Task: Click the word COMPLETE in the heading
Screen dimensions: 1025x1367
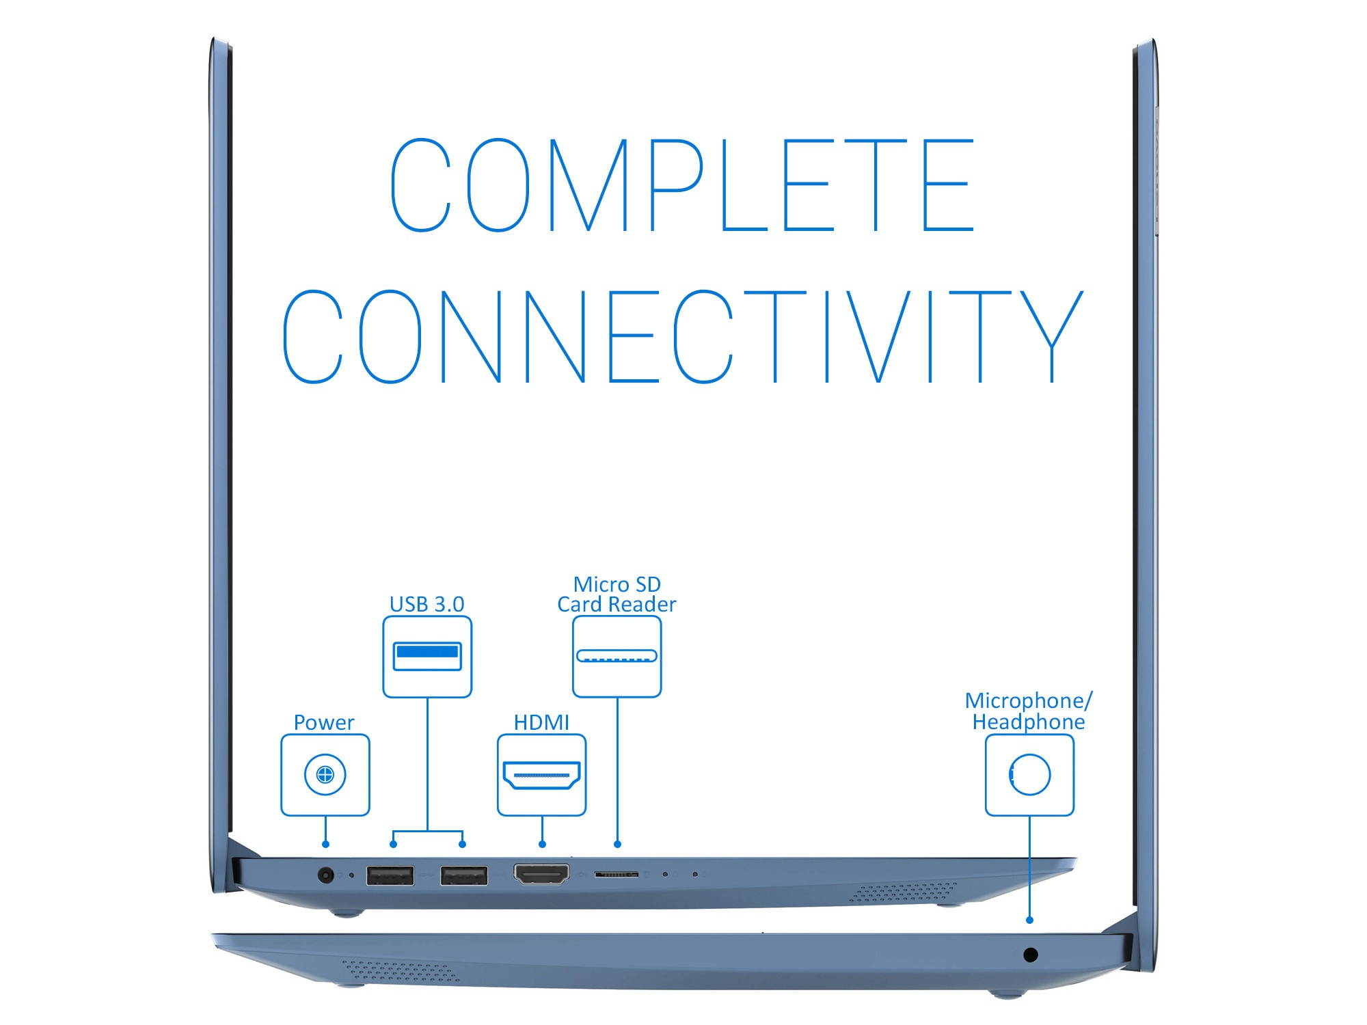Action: (682, 184)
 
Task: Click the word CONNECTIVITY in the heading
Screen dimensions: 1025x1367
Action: (682, 336)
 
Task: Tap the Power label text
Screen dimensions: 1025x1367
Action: (324, 722)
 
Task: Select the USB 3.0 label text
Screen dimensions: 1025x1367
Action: (427, 604)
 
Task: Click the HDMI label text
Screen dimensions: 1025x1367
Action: (541, 722)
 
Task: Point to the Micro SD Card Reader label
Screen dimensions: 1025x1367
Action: (617, 594)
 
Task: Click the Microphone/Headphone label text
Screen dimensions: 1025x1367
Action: (1029, 711)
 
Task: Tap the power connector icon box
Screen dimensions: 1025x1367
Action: (325, 775)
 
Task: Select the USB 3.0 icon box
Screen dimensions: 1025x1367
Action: (427, 657)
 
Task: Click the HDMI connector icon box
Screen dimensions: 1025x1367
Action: (541, 775)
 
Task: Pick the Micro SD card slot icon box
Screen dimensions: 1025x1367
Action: (617, 657)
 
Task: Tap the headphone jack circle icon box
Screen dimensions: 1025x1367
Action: (1029, 775)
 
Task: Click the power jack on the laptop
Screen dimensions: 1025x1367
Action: (327, 875)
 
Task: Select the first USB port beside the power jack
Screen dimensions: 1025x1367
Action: (390, 875)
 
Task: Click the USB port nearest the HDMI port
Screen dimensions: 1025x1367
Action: (464, 875)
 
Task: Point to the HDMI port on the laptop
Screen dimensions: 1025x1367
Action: (541, 874)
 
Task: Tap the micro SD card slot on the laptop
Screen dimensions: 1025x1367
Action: (617, 874)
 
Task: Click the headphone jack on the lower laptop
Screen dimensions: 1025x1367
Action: (1031, 954)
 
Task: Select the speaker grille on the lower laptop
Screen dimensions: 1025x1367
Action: (400, 971)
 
